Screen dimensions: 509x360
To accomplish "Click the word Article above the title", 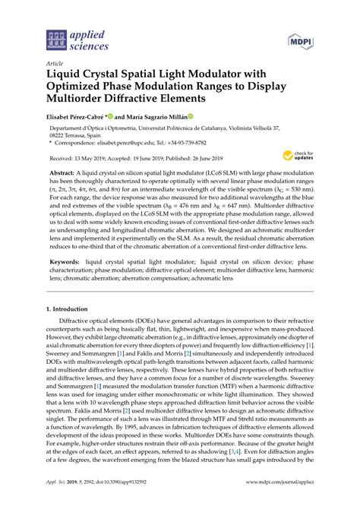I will [55, 63].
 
